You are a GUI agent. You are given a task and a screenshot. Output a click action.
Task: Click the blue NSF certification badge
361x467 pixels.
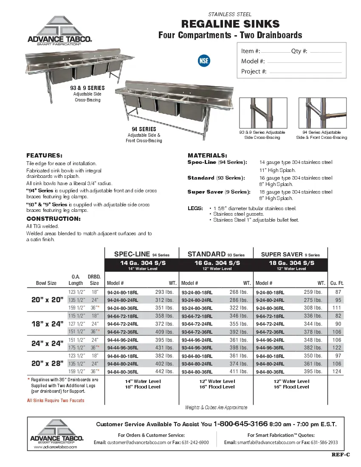pyautogui.click(x=204, y=60)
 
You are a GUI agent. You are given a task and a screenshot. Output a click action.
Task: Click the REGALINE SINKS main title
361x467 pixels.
pyautogui.click(x=230, y=24)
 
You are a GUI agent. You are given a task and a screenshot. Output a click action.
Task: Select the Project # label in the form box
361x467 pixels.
pyautogui.click(x=254, y=71)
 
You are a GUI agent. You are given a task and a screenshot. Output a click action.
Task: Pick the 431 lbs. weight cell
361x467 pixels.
pyautogui.click(x=164, y=348)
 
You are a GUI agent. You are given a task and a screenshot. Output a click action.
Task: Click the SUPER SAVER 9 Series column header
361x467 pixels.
pyautogui.click(x=290, y=254)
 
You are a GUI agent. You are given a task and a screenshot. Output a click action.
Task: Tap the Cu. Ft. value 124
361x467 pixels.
pyautogui.click(x=337, y=371)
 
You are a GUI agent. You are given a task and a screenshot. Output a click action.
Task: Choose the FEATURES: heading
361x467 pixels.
pyautogui.click(x=44, y=155)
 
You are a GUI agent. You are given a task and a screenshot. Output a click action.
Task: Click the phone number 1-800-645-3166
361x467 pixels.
pyautogui.click(x=240, y=424)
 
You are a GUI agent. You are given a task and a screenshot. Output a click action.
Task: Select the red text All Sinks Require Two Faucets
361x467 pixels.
pyautogui.click(x=56, y=400)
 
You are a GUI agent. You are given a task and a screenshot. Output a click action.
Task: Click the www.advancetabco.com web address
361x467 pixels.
pyautogui.click(x=55, y=447)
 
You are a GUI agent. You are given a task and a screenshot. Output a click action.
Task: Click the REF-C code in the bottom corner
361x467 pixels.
pyautogui.click(x=341, y=455)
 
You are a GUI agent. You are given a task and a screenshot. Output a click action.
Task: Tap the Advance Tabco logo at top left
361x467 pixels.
pyautogui.click(x=59, y=31)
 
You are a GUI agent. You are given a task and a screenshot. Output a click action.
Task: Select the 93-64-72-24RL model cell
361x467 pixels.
pyautogui.click(x=197, y=324)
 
